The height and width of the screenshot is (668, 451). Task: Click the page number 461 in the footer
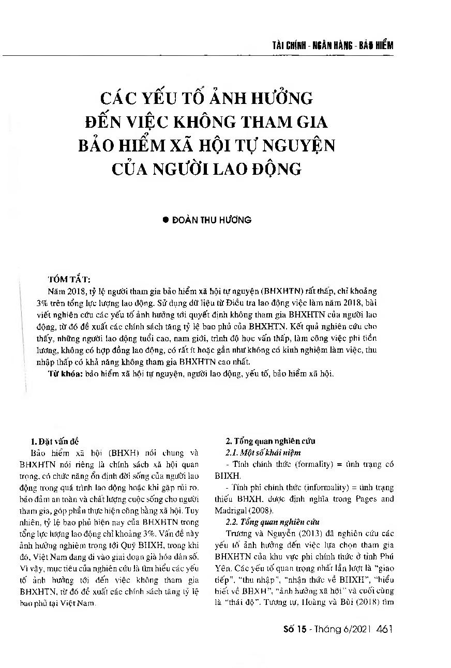point(386,629)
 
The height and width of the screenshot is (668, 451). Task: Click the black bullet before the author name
point(166,220)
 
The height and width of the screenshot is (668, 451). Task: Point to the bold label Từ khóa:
point(65,372)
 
